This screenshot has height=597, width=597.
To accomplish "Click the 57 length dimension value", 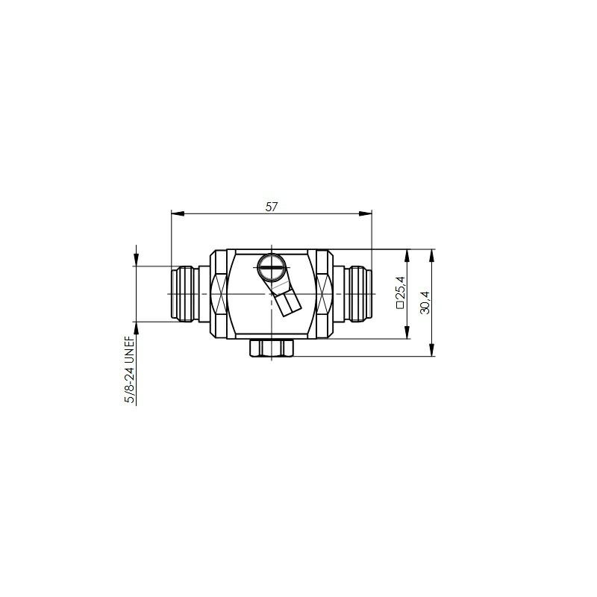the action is point(272,207).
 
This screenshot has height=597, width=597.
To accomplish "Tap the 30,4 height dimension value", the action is point(425,303).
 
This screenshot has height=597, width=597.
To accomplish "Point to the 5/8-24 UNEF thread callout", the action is point(130,369).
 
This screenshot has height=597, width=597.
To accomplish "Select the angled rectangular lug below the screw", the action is point(287,302).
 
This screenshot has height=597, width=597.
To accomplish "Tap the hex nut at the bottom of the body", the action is point(272,348).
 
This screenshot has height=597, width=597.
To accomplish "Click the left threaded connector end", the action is point(184,294).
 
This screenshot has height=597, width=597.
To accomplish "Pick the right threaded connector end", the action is point(358,294).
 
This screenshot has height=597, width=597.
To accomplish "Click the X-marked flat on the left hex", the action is point(219,294).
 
